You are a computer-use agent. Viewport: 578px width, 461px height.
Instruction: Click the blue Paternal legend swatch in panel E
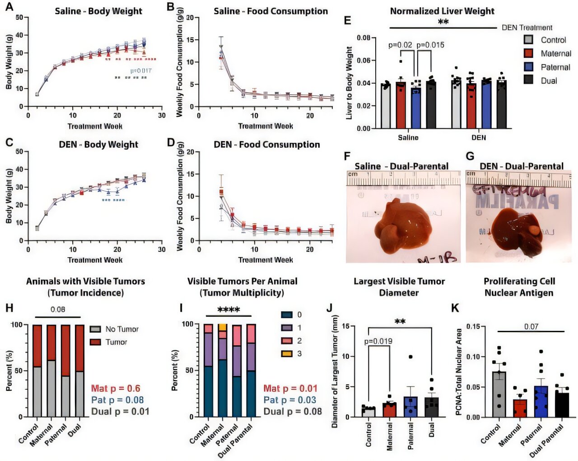(x=528, y=67)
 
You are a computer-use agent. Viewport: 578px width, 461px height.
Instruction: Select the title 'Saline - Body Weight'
(x=98, y=11)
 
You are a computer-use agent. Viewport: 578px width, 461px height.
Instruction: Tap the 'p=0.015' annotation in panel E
(x=430, y=45)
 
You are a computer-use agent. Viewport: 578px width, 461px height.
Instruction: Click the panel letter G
(x=470, y=156)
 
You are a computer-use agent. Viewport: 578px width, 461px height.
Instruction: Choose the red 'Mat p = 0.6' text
(x=116, y=389)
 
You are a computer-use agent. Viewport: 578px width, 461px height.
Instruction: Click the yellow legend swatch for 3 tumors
(x=286, y=353)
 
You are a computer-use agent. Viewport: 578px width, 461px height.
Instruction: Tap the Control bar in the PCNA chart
(x=499, y=394)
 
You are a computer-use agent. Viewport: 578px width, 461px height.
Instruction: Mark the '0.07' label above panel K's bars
(x=531, y=326)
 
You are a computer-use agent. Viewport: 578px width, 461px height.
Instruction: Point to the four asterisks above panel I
(x=228, y=310)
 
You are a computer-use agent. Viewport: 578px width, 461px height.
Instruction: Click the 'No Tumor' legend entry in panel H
(x=122, y=329)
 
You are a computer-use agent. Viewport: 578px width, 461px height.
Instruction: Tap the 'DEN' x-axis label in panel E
(x=479, y=137)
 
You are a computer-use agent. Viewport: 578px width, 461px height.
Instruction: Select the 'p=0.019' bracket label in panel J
(x=378, y=341)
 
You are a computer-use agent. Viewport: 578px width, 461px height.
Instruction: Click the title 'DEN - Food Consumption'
(x=266, y=145)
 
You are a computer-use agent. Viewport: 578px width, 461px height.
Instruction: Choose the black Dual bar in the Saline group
(x=431, y=104)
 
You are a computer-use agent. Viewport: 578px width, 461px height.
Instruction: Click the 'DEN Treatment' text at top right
(x=527, y=28)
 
